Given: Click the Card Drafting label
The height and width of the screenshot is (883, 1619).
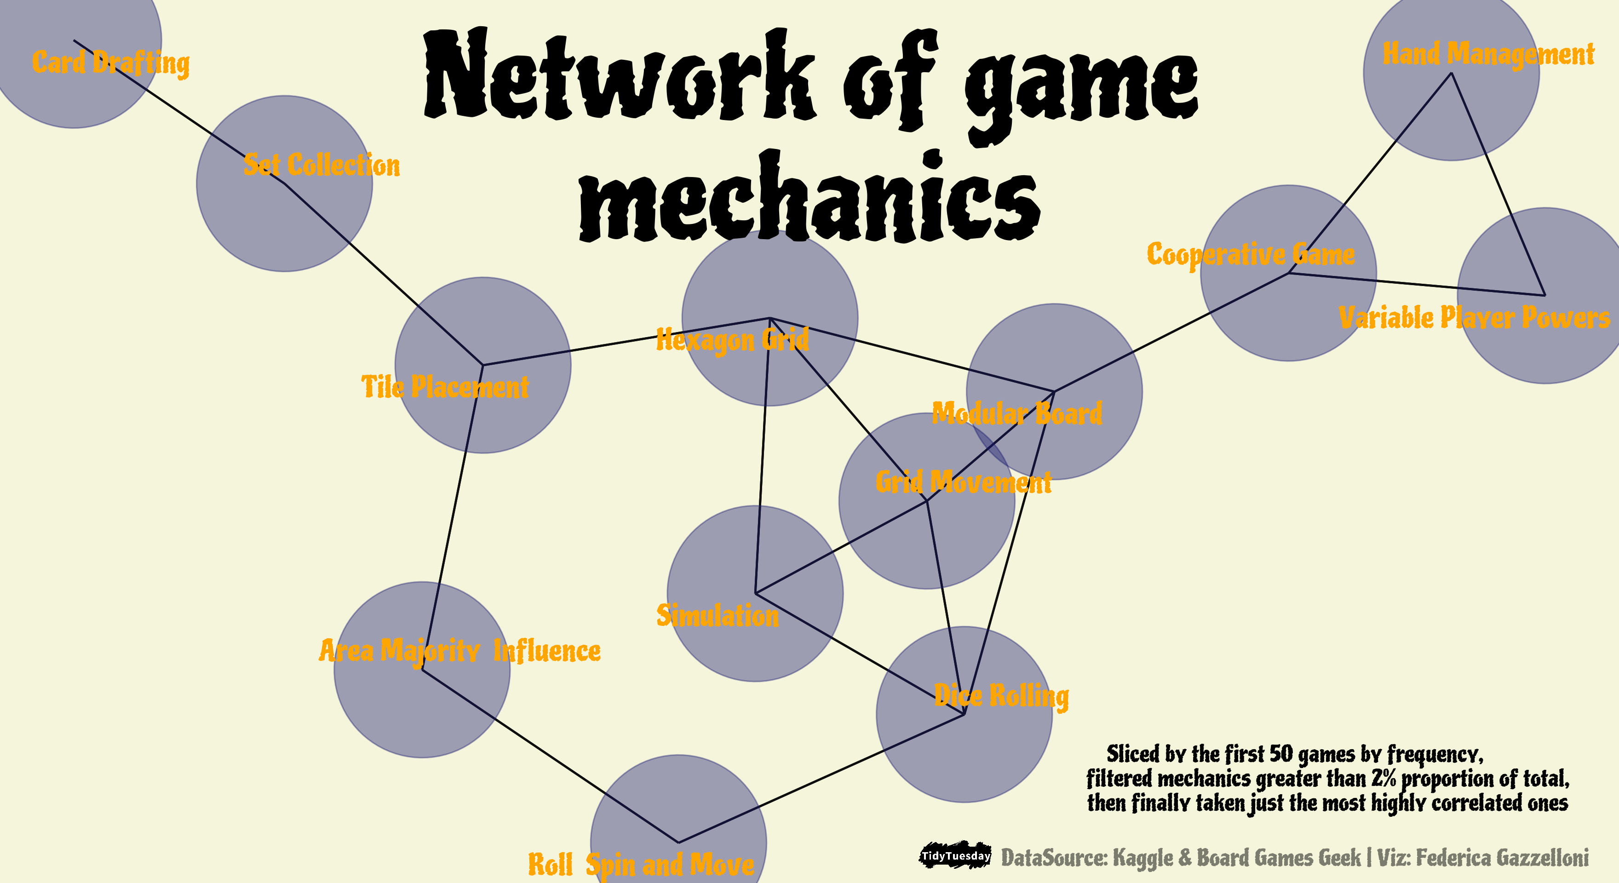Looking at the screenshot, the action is [110, 63].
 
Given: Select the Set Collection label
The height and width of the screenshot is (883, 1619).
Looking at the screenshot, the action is [321, 165].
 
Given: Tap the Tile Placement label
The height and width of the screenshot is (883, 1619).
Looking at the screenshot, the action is [445, 386].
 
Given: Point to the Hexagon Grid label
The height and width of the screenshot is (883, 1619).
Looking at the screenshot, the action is [732, 340].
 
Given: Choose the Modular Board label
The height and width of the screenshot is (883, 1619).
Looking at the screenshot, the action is [1017, 413].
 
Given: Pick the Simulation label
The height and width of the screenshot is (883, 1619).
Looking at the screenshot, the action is [717, 615].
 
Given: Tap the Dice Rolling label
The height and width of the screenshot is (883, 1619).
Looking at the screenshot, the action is [1001, 696].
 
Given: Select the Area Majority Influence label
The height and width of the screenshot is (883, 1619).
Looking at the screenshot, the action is [459, 650].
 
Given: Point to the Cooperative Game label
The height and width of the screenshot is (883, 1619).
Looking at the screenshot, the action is [1251, 254].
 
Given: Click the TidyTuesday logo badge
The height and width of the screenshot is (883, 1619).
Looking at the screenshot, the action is [955, 856].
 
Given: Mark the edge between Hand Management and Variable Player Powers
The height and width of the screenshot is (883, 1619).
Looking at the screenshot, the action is [1498, 183].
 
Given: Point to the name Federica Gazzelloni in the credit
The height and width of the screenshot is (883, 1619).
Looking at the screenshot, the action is [1502, 857].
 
